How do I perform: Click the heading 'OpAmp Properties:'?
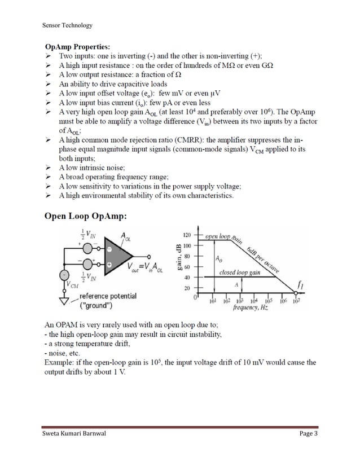pyautogui.click(x=78, y=46)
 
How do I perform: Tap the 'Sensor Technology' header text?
pyautogui.click(x=68, y=25)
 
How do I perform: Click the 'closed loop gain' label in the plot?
pyautogui.click(x=239, y=272)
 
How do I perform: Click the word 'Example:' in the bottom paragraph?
pyautogui.click(x=60, y=362)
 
